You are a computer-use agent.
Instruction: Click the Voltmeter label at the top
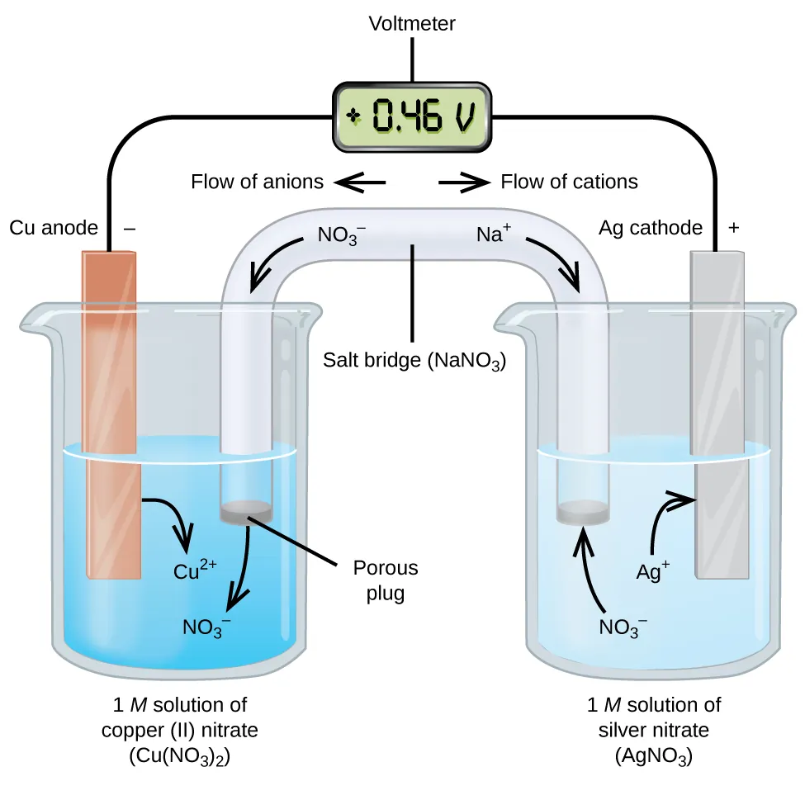point(411,24)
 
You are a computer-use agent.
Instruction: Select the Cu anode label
point(54,228)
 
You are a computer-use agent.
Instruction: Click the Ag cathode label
point(651,228)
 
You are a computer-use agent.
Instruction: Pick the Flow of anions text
point(257,182)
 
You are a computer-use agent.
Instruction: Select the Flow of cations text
point(569,182)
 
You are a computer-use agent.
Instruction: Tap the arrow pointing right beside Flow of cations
point(462,182)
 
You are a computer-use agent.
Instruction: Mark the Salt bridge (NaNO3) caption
point(414,362)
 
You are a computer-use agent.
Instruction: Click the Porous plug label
point(385,580)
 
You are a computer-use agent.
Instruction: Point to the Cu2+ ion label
point(195,569)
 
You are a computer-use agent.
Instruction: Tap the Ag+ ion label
point(652,570)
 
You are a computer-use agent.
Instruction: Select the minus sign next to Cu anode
point(129,228)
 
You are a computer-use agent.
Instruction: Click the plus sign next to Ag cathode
point(733,228)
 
